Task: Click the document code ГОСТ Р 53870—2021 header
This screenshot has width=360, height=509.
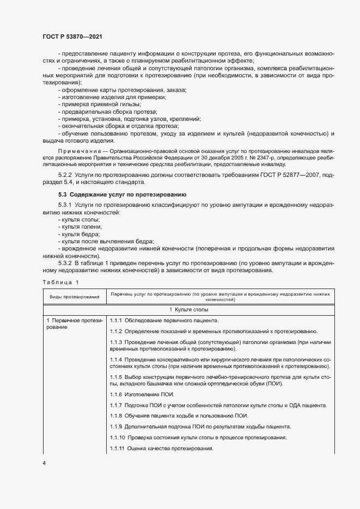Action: coord(72,36)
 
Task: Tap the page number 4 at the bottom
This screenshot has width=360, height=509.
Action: coord(44,463)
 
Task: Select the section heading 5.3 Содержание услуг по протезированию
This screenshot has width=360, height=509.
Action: coord(123,194)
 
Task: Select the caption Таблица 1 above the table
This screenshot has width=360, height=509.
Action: coord(60,282)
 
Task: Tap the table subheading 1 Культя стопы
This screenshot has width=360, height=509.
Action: coord(220,309)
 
